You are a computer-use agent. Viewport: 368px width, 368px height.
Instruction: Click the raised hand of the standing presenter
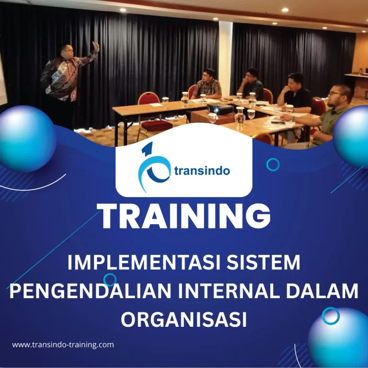pyautogui.click(x=96, y=47)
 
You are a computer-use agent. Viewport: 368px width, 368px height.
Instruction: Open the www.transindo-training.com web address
pyautogui.click(x=63, y=345)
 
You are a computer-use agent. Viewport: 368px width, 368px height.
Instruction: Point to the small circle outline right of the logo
pyautogui.click(x=273, y=165)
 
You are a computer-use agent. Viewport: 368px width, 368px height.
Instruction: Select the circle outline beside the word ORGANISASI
pyautogui.click(x=330, y=316)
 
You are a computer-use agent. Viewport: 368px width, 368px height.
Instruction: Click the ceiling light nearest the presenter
pyautogui.click(x=122, y=9)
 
